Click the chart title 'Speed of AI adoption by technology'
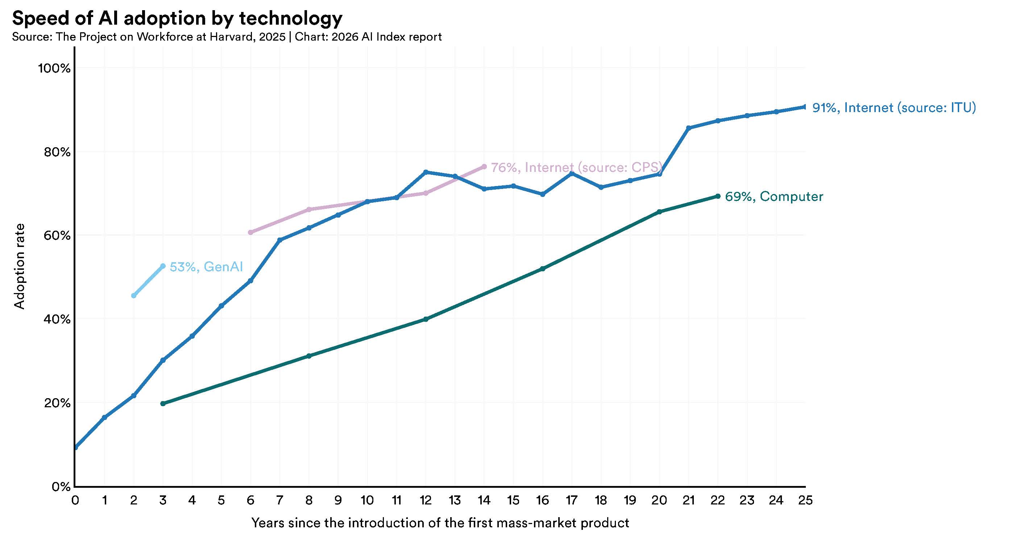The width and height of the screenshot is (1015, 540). coord(177,18)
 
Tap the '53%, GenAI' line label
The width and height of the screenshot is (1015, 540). coord(206,267)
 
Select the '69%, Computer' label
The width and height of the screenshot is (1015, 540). coord(774,196)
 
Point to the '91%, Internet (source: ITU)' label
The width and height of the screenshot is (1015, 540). coord(894,108)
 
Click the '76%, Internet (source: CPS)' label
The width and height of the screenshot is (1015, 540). coord(577,168)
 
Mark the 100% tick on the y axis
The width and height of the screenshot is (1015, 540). coord(54,68)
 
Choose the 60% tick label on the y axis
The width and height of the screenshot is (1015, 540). coord(57,236)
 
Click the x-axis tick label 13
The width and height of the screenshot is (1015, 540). coord(455,500)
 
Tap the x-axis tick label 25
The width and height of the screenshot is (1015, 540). coord(805,500)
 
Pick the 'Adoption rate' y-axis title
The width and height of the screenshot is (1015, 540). coord(19,267)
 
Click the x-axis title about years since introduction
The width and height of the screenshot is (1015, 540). coord(440,523)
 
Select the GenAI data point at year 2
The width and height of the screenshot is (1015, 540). coord(133,296)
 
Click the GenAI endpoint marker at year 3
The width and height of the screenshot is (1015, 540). coord(163,266)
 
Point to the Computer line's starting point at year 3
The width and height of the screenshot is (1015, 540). coord(163,404)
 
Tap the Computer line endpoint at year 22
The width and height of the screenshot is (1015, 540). coord(717,196)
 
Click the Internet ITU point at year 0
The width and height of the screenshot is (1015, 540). coord(75,448)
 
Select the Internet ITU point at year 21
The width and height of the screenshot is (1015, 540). coord(688,128)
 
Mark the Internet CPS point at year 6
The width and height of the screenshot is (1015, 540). coord(250,232)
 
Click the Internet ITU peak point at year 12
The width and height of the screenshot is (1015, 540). coord(426,172)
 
